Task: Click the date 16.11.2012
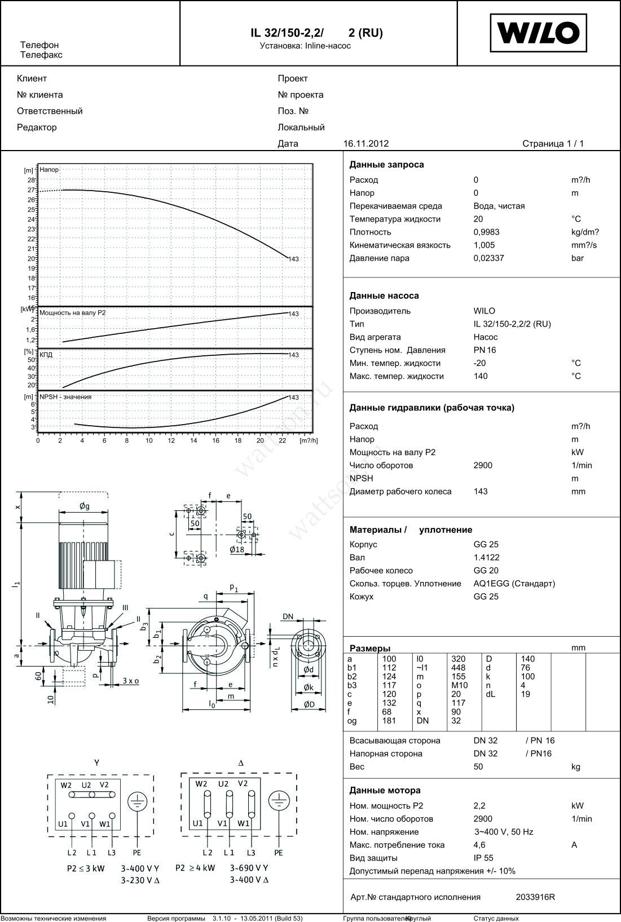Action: point(365,144)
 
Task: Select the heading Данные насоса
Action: point(384,295)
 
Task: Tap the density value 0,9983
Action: point(486,232)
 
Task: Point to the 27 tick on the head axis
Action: point(32,190)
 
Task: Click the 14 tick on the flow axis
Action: point(193,440)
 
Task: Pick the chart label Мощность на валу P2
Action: point(72,312)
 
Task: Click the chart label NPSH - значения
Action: point(65,396)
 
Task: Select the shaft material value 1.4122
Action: point(486,557)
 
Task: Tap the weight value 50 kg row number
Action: point(478,766)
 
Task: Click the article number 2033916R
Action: point(535,897)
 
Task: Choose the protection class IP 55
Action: point(483,858)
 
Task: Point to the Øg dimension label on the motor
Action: point(84,506)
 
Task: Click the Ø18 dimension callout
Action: point(237,549)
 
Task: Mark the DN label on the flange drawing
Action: point(288,616)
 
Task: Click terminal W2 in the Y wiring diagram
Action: point(67,785)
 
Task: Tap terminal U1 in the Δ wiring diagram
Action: point(197,823)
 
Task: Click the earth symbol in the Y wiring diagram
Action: point(136,801)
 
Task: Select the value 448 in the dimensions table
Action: point(458,668)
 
